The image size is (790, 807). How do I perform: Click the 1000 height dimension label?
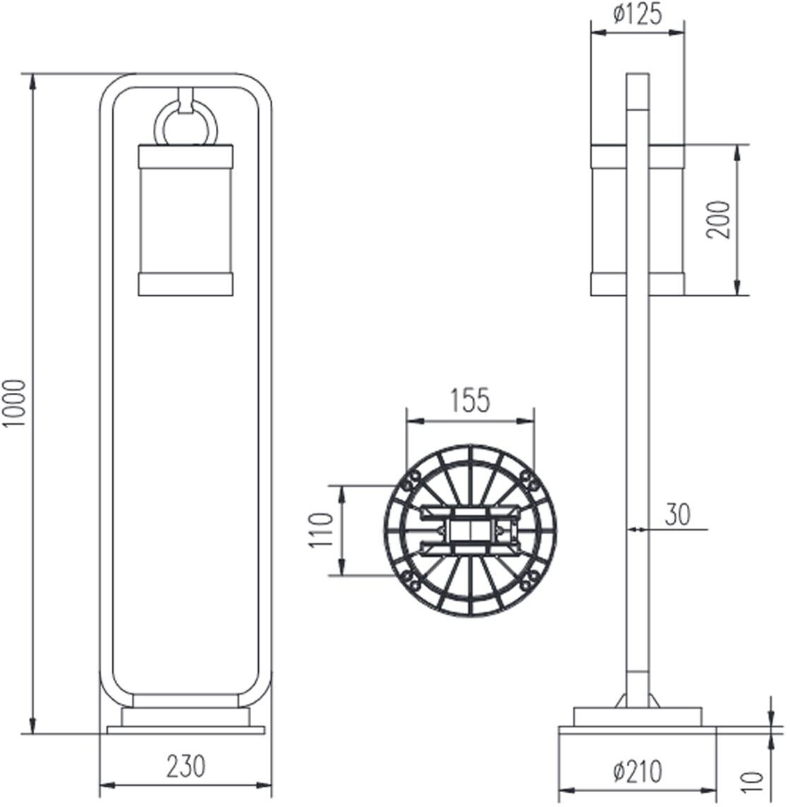14,403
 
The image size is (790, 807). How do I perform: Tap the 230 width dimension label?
186,766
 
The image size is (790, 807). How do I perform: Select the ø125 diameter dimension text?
638,15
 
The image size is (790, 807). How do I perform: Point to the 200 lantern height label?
719,220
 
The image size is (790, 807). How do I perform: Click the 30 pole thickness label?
678,514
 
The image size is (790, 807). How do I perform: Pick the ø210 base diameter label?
638,772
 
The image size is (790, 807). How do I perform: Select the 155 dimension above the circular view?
470,401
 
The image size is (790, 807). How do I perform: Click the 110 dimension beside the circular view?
322,530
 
